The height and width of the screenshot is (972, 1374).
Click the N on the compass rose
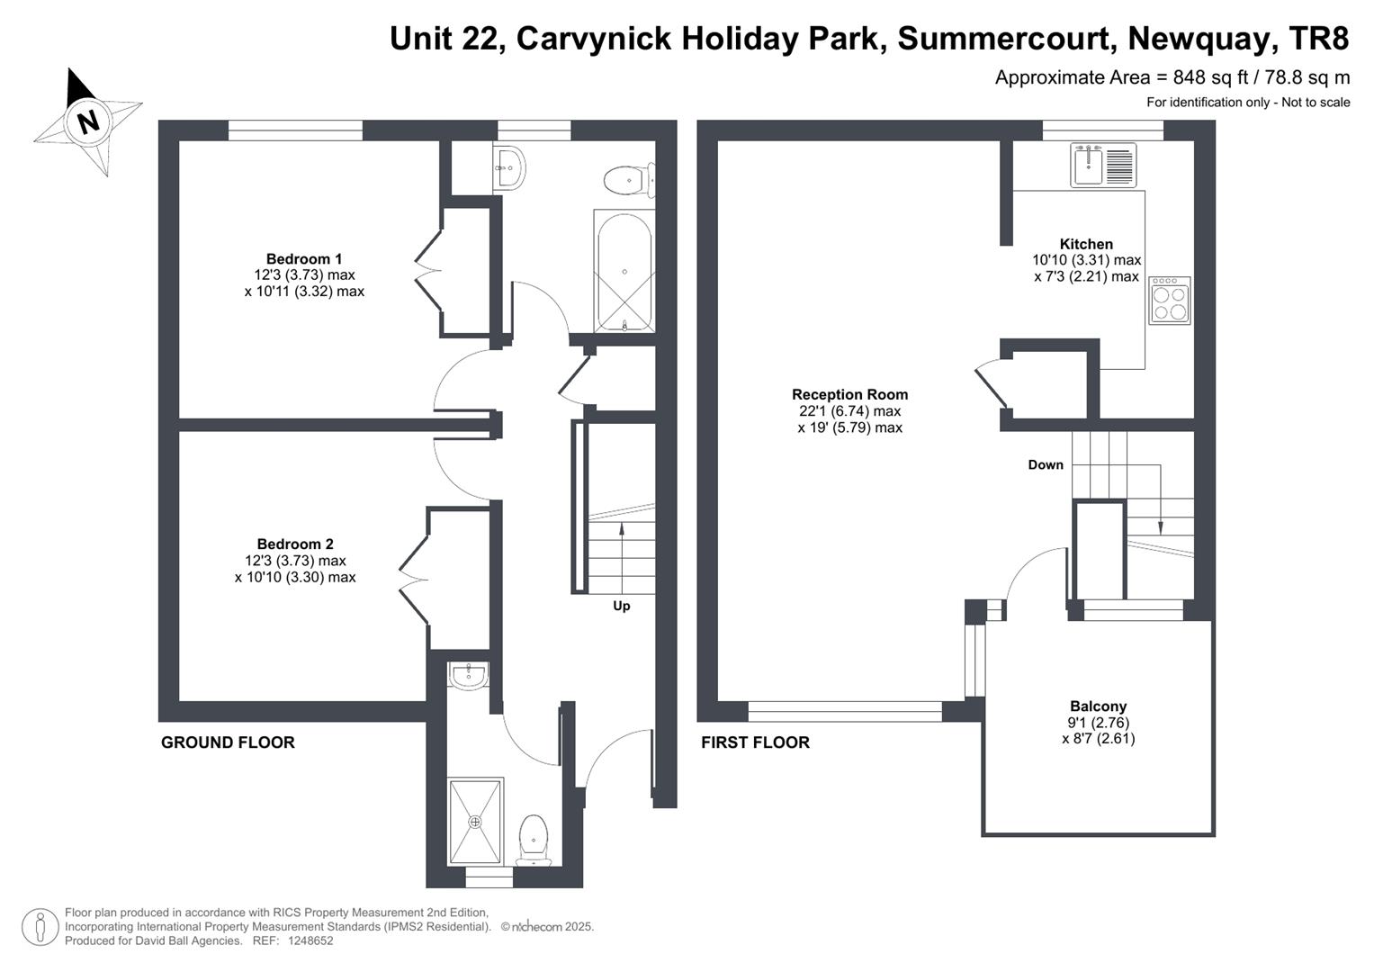pos(89,121)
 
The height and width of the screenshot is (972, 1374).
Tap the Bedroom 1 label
pos(303,258)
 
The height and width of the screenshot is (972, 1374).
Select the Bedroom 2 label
pos(295,544)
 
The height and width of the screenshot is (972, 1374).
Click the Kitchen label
pos(1086,244)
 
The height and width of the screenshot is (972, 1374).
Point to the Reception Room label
pos(849,394)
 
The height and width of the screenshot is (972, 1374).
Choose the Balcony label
pos(1098,706)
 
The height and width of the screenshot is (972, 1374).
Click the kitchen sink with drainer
pos(1103,165)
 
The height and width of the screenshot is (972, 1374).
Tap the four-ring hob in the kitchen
pos(1169,300)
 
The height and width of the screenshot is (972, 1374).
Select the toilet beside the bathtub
pos(629,180)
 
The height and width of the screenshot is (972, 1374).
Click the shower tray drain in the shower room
pos(475,821)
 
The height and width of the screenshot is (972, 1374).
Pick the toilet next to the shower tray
pos(533,840)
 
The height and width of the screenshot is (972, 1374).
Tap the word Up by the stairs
pos(622,606)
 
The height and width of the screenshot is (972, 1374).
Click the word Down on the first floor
pos(1046,464)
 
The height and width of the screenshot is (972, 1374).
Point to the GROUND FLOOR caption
pos(228,742)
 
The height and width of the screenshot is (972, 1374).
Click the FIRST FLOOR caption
pos(755,742)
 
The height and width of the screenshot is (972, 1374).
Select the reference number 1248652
pos(310,940)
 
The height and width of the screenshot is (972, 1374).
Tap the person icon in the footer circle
pos(40,927)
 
